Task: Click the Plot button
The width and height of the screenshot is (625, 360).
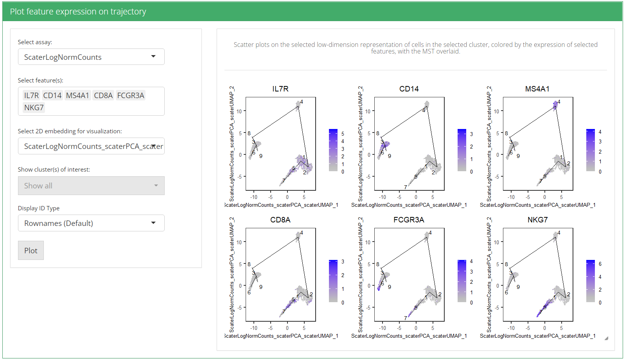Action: pyautogui.click(x=31, y=251)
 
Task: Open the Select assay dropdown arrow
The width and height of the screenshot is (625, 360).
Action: pyautogui.click(x=153, y=57)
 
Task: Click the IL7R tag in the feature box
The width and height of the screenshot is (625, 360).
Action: pyautogui.click(x=31, y=95)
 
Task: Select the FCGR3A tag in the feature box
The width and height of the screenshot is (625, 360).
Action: pyautogui.click(x=131, y=95)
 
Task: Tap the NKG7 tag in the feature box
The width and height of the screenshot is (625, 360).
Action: pyautogui.click(x=34, y=107)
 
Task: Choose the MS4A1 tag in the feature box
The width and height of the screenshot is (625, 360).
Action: pyautogui.click(x=77, y=95)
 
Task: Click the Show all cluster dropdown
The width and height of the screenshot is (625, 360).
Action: pyautogui.click(x=91, y=186)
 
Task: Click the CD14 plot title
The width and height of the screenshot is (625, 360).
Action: pyautogui.click(x=409, y=89)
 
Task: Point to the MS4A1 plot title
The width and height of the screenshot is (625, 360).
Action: pyautogui.click(x=537, y=89)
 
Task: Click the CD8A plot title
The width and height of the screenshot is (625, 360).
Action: pyautogui.click(x=280, y=220)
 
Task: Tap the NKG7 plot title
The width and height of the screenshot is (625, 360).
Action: pyautogui.click(x=537, y=220)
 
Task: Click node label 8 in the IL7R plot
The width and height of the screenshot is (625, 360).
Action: pyautogui.click(x=249, y=133)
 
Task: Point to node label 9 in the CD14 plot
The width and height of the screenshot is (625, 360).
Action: pyautogui.click(x=390, y=156)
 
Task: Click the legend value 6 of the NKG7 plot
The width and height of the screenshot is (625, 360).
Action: pyautogui.click(x=600, y=264)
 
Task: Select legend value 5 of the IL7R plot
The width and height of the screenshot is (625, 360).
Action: pyautogui.click(x=343, y=134)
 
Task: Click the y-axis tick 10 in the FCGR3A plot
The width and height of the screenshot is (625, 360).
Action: pyautogui.click(x=368, y=242)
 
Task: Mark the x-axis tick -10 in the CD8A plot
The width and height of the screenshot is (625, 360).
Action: pyautogui.click(x=254, y=328)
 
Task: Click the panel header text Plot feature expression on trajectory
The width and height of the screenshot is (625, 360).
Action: pyautogui.click(x=78, y=12)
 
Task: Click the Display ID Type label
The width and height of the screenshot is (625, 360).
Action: pyautogui.click(x=39, y=208)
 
